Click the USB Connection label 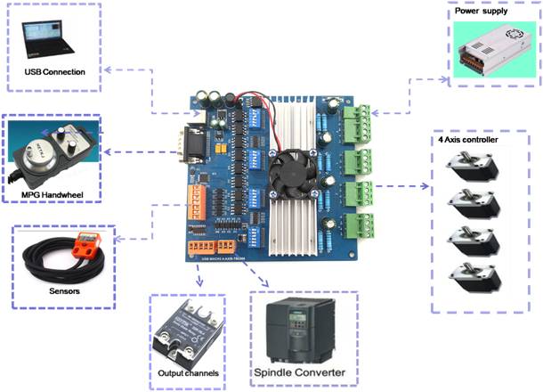pyautogui.click(x=54, y=71)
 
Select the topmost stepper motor pyautogui.click(x=471, y=167)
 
